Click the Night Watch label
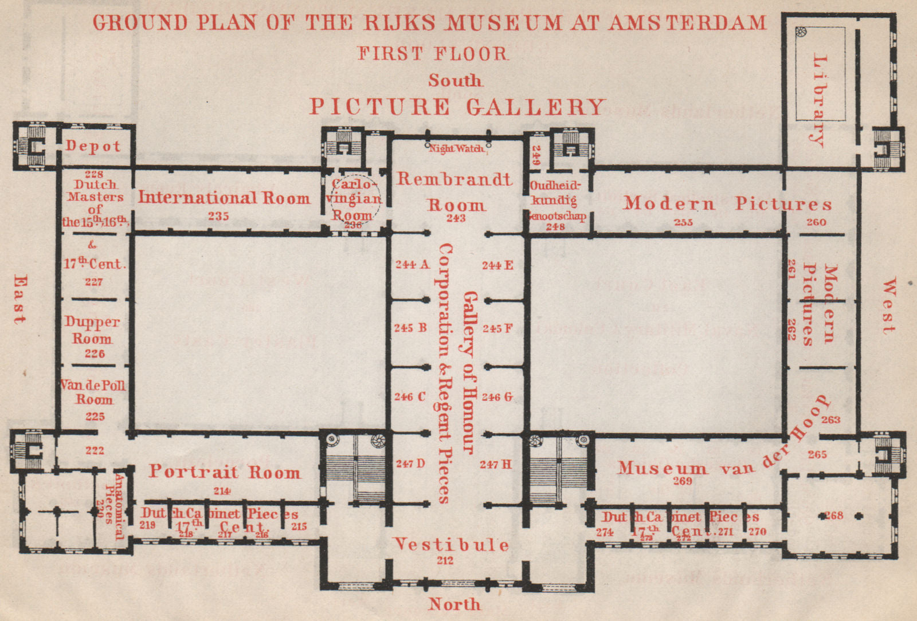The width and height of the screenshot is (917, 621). coord(457,148)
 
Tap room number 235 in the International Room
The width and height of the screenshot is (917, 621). coord(218,216)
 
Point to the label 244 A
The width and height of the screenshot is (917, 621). coord(412,265)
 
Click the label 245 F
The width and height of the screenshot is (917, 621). coord(497,328)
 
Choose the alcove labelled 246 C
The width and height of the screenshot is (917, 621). coord(409,396)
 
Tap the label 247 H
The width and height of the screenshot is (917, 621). coord(496,464)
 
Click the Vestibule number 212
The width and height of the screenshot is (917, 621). coord(445,560)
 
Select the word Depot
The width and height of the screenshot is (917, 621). coord(93,146)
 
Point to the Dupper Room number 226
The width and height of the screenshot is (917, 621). coord(95,353)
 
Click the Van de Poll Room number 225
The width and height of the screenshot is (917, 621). coord(95,416)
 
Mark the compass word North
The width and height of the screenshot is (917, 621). coord(454,604)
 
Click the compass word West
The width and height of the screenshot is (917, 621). coord(888,306)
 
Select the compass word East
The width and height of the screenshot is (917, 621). coord(19,300)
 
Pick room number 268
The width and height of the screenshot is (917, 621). coord(833,515)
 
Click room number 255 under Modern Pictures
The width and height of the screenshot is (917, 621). coord(683,222)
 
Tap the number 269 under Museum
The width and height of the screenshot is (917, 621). coord(682,481)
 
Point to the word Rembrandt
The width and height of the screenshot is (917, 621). coord(454,179)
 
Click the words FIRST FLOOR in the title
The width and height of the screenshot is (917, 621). coord(433,53)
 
